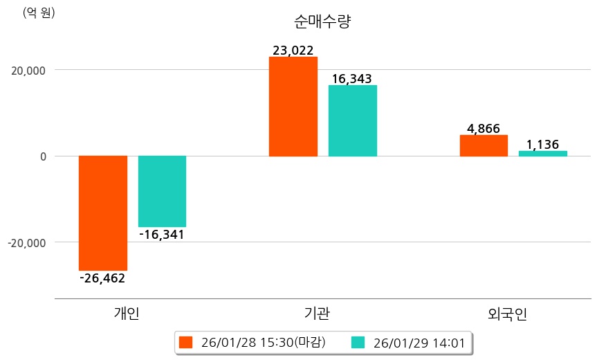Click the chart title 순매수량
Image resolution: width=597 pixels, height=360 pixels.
[x=323, y=21]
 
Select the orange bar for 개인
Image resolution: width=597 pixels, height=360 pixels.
[x=103, y=213]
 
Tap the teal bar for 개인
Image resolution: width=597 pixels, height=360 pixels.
[x=162, y=191]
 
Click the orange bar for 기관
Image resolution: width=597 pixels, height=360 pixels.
[x=293, y=106]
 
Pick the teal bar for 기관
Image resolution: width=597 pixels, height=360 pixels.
[x=352, y=120]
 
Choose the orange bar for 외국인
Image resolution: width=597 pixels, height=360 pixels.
[x=484, y=145]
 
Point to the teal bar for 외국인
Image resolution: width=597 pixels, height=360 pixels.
[x=542, y=153]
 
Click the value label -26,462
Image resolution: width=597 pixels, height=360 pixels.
[x=102, y=278]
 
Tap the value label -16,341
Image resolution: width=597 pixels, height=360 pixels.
[x=162, y=235]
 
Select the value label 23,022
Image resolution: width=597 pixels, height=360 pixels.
[x=293, y=50]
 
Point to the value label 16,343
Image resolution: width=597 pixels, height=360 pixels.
[x=352, y=78]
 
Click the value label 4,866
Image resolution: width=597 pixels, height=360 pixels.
[x=484, y=128]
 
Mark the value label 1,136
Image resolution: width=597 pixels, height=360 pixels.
[x=542, y=144]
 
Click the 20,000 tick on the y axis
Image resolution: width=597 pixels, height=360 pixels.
[x=26, y=70]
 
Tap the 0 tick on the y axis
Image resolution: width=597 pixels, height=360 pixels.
[x=43, y=156]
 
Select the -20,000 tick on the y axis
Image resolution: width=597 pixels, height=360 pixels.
[x=25, y=243]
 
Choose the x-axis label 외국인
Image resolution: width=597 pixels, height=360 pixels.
[x=508, y=314]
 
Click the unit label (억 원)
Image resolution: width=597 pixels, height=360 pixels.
[x=39, y=12]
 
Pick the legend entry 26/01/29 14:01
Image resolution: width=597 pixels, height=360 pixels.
[x=408, y=342]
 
